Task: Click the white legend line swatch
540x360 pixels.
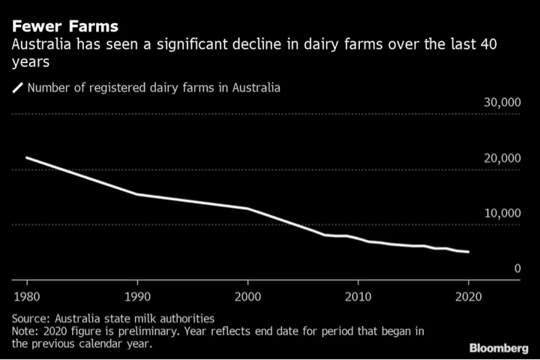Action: point(17,88)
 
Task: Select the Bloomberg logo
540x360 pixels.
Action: point(498,348)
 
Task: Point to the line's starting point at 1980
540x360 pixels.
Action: point(27,157)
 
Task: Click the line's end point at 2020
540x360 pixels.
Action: point(468,252)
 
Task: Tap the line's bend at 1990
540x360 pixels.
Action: point(137,194)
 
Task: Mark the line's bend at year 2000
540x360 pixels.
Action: point(247,208)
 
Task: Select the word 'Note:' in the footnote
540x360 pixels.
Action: point(26,331)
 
